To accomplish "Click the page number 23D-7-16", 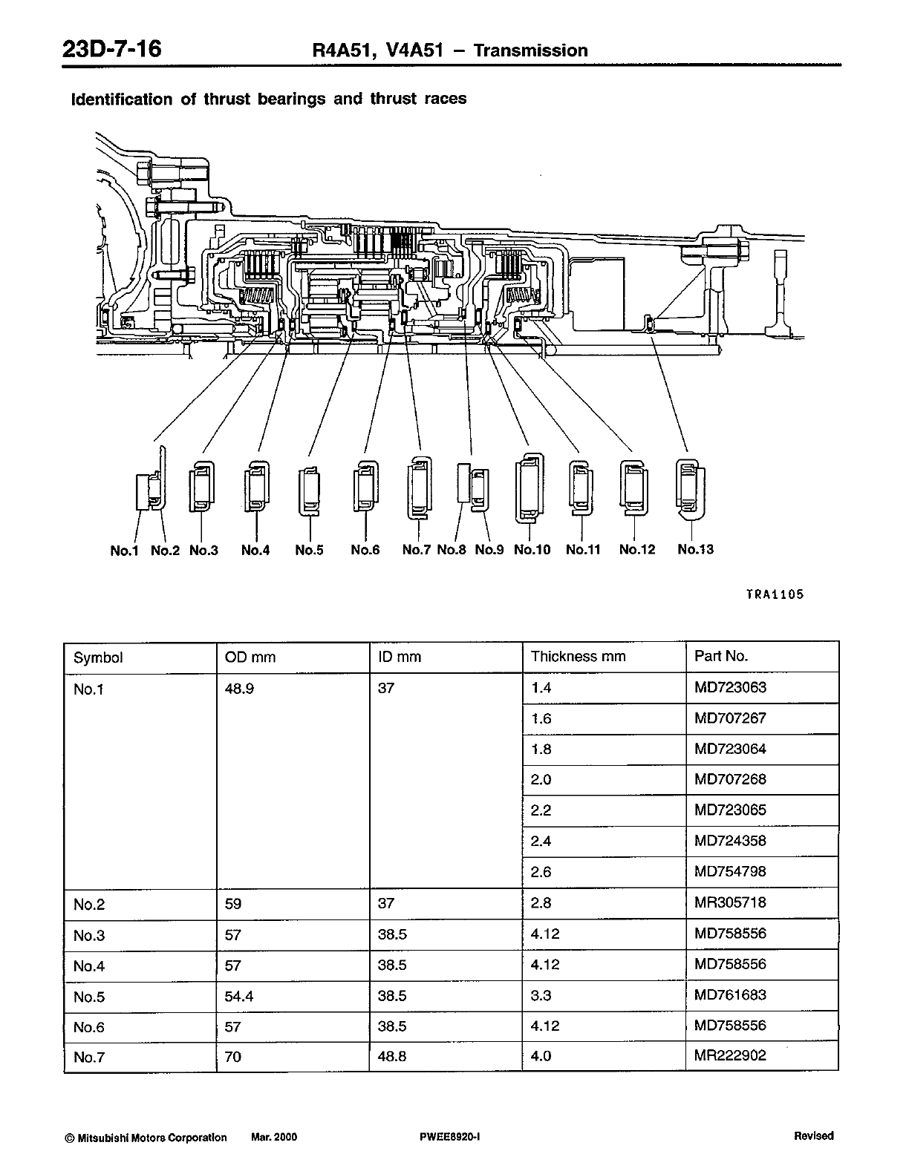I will [x=112, y=50].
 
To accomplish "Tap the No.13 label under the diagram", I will [x=695, y=549].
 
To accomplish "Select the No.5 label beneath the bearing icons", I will [x=309, y=550].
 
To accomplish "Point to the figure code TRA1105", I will [x=775, y=594].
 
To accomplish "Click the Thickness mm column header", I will [x=578, y=657].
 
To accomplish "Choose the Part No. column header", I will [x=720, y=656].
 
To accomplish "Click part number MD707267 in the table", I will [x=730, y=718].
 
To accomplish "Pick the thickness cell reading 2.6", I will [x=541, y=872].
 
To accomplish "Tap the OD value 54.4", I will [x=239, y=996].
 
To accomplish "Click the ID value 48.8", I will [x=393, y=1056].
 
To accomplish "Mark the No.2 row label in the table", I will [x=89, y=905].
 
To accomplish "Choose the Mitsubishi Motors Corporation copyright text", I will [x=146, y=1137].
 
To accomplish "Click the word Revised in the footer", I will [x=813, y=1136].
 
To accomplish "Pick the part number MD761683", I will [x=730, y=994].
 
